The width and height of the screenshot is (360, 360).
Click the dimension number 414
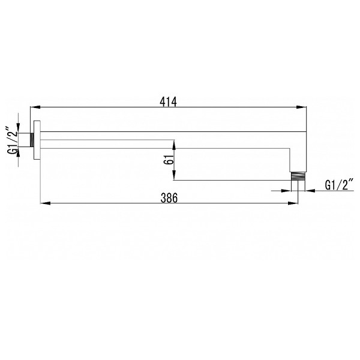pos(168,102)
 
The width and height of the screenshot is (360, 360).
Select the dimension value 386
pos(169,198)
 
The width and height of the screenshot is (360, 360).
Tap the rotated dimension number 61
pos(169,159)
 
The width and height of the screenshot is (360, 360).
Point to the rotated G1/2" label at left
pos(13,139)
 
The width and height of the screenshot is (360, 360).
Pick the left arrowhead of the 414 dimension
pos(35,107)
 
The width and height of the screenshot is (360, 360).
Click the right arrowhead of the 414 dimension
pos(301,107)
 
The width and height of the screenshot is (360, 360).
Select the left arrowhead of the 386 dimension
pos(46,203)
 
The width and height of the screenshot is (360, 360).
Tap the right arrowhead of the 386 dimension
pos(293,203)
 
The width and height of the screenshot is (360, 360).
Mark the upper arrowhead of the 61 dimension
pos(174,145)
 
